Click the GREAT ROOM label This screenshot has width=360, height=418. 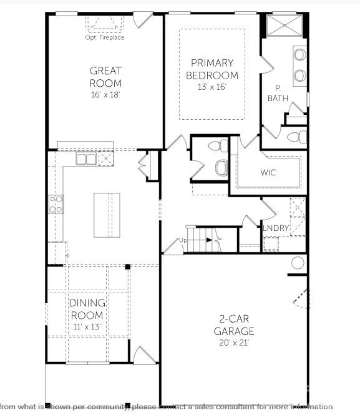[105, 77]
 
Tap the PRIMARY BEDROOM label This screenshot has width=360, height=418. [212, 69]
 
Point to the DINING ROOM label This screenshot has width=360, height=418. [87, 309]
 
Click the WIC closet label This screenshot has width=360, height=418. [269, 172]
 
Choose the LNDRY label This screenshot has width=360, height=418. [276, 228]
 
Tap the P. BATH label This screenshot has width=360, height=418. [278, 93]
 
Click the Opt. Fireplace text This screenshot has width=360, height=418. [105, 37]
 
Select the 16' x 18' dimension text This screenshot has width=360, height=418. [105, 95]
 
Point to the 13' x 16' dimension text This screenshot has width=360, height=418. [212, 87]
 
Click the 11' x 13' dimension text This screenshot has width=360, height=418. [87, 326]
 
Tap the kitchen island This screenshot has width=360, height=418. [107, 215]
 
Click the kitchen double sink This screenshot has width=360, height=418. [86, 159]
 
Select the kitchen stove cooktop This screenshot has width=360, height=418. [56, 203]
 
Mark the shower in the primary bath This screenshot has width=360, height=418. [284, 26]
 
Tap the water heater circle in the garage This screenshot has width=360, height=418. [298, 263]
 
